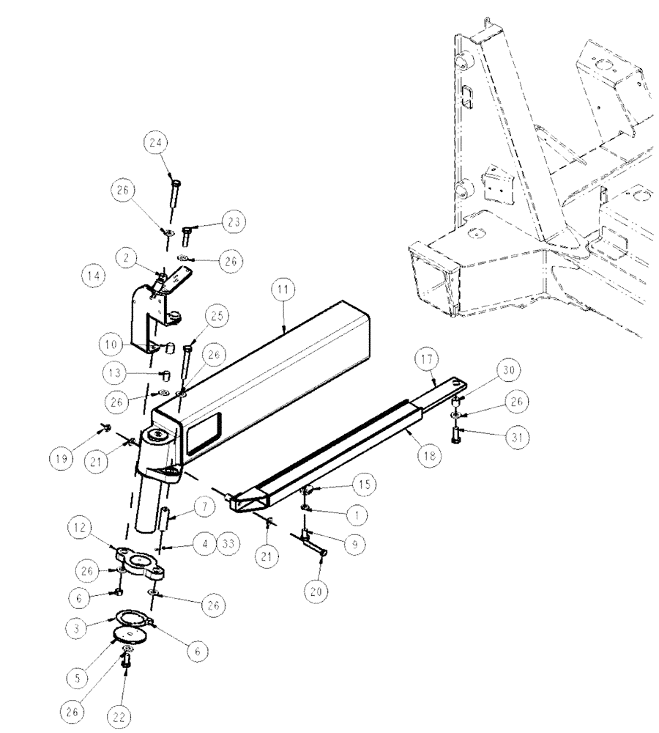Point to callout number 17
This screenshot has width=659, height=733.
tap(427, 360)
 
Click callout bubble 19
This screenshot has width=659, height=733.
tap(62, 459)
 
